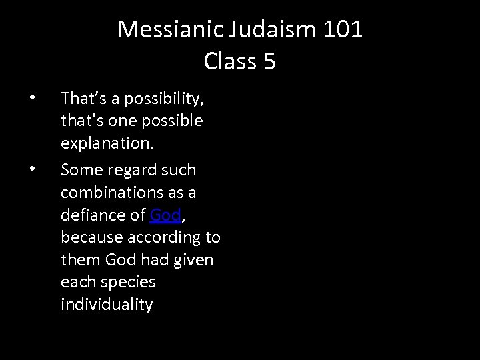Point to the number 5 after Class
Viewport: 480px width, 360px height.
(269, 61)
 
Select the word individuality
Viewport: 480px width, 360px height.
(107, 305)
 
